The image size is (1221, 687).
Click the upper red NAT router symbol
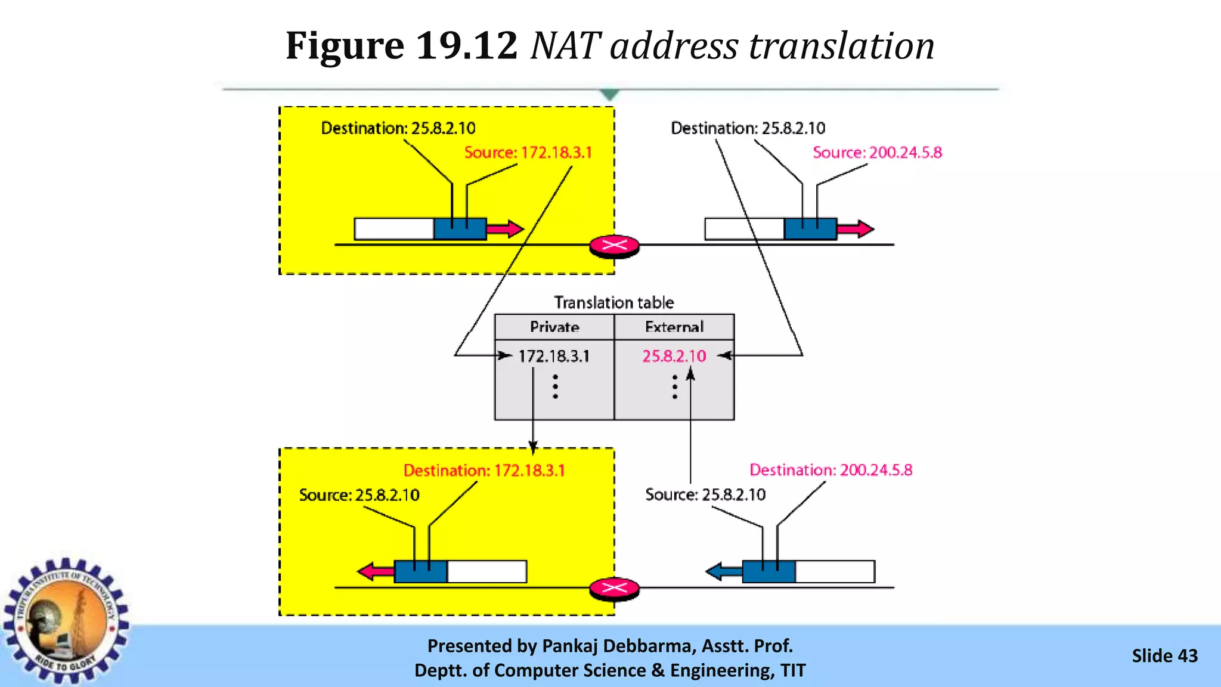614,245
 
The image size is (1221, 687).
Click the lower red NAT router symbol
614,589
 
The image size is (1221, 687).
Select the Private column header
554,327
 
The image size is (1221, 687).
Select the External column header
674,327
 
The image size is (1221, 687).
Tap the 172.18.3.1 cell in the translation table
554,356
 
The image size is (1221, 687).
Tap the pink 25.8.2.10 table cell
674,356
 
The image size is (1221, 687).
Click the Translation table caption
614,302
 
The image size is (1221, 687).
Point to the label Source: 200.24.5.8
877,153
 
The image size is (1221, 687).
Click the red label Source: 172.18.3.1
528,153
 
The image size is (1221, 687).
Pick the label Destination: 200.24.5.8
830,470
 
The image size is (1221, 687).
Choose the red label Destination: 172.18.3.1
484,471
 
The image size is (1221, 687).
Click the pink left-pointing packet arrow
376,571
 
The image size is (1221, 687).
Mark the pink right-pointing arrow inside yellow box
505,228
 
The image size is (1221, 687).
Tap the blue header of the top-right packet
810,229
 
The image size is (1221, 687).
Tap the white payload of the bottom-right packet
835,571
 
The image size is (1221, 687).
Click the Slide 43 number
1164,656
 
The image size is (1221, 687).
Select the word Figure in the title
345,45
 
